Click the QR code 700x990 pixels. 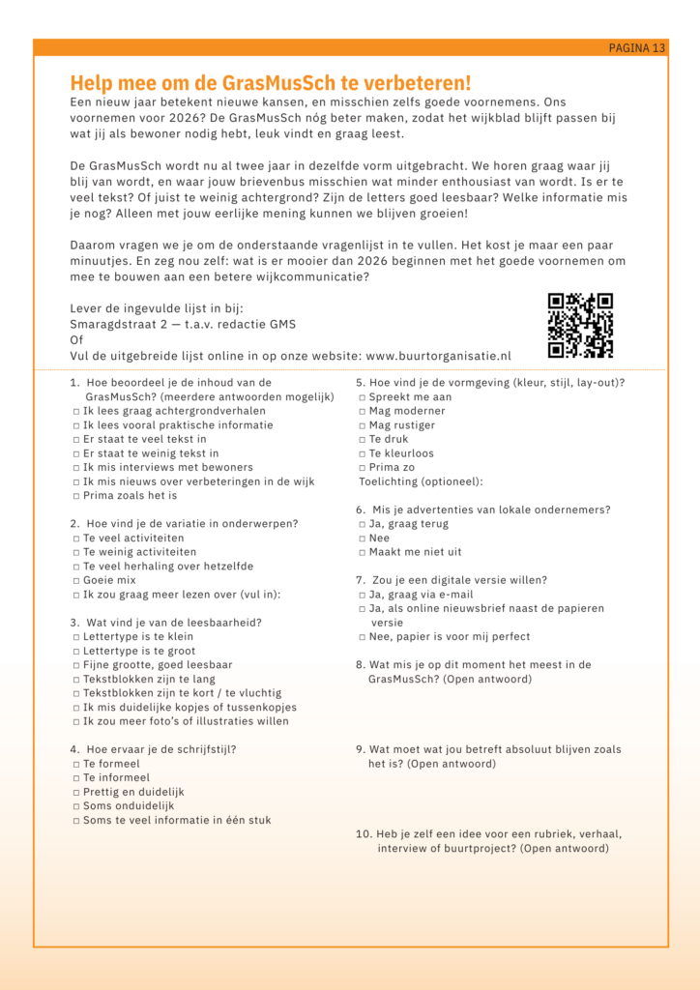tap(580, 325)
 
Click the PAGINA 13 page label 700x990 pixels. tap(636, 47)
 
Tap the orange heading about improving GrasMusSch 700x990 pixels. tap(271, 83)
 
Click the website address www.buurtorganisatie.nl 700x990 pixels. tap(438, 356)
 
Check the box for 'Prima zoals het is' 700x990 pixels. tap(75, 496)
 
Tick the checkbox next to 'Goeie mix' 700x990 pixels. tap(75, 580)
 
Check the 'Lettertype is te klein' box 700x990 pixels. tap(75, 637)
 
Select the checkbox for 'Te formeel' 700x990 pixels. tap(75, 764)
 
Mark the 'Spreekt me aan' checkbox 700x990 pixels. tap(362, 397)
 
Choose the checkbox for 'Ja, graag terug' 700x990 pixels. tap(362, 524)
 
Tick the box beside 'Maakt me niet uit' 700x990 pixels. tap(362, 552)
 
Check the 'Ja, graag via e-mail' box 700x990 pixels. tap(362, 595)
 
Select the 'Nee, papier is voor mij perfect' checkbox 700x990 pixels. tap(362, 637)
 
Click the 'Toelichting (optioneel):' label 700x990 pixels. tap(421, 481)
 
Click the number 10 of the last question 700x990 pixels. tap(364, 834)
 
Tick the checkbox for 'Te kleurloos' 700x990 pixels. tap(362, 453)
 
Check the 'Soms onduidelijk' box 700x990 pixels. tap(75, 806)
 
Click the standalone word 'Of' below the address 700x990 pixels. tap(76, 340)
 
